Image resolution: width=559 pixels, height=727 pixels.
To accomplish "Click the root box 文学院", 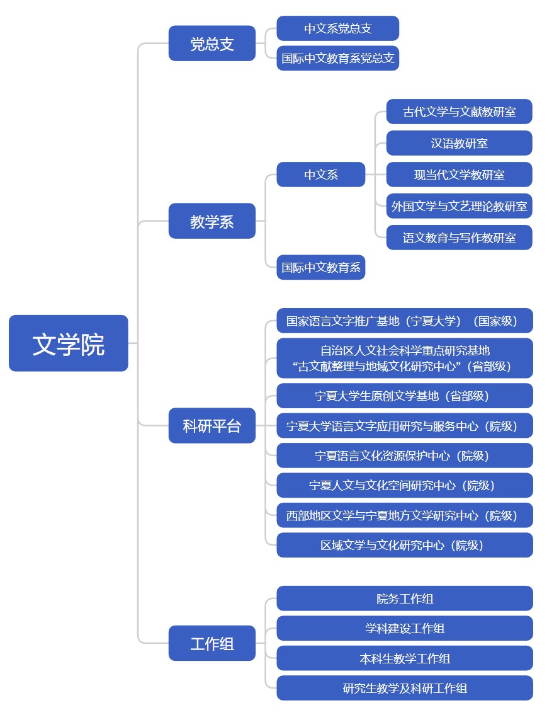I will tap(69, 343).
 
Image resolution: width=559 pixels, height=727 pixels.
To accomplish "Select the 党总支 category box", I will tap(212, 43).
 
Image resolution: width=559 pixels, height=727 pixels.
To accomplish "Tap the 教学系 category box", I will tap(212, 221).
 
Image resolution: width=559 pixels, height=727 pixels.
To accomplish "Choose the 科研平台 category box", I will tap(212, 426).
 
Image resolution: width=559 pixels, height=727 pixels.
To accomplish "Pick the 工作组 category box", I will tap(212, 643).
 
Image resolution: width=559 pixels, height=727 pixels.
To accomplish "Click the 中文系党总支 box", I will tap(338, 28).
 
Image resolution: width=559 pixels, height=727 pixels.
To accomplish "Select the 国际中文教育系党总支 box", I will tap(338, 59).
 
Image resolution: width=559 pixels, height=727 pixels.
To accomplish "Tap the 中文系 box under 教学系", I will tap(321, 175).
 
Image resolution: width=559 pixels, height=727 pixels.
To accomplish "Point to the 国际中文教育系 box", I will tap(321, 268).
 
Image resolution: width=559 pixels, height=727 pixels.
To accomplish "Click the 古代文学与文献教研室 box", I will tap(460, 112).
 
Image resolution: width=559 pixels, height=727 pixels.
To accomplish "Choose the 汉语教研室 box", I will tap(460, 143).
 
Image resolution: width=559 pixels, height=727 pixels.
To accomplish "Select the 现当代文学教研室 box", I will tap(460, 175).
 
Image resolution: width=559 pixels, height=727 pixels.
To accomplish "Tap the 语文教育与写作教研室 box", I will tap(460, 238).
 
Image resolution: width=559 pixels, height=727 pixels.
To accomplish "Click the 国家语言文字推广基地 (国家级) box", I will tap(405, 321).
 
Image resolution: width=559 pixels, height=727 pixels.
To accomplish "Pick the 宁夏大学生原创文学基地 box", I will tap(405, 396).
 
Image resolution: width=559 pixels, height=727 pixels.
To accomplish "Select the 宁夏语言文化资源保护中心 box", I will tap(405, 455).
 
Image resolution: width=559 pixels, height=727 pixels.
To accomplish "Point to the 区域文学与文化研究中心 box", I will tap(405, 545).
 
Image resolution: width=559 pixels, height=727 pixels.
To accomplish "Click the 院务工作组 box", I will tap(405, 598).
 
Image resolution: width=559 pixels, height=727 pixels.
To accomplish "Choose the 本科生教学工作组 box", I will tap(405, 658).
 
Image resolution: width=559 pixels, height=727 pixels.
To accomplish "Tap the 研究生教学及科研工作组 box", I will tap(405, 688).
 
